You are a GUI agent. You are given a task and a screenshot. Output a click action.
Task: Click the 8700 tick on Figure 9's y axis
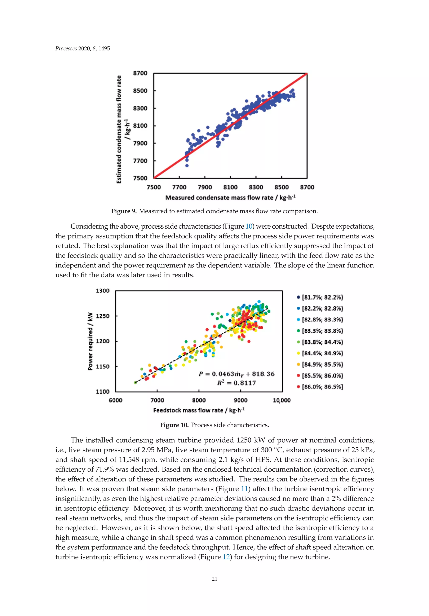(x=140, y=73)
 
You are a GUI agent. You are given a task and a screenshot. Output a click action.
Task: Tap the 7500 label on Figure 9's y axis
(x=140, y=178)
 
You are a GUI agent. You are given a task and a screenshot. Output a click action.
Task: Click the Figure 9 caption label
(x=124, y=211)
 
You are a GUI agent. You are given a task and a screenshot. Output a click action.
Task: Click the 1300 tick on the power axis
(x=102, y=291)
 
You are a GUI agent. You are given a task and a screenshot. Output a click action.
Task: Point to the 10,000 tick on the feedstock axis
(x=282, y=400)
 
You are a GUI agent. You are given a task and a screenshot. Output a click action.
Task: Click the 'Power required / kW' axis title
(x=90, y=341)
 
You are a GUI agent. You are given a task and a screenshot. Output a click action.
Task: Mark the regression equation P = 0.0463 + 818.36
(x=236, y=374)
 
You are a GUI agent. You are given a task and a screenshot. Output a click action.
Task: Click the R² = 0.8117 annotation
(x=236, y=383)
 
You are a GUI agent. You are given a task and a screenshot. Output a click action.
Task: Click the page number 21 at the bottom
(x=214, y=579)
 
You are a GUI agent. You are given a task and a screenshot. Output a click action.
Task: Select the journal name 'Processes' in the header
(x=66, y=49)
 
